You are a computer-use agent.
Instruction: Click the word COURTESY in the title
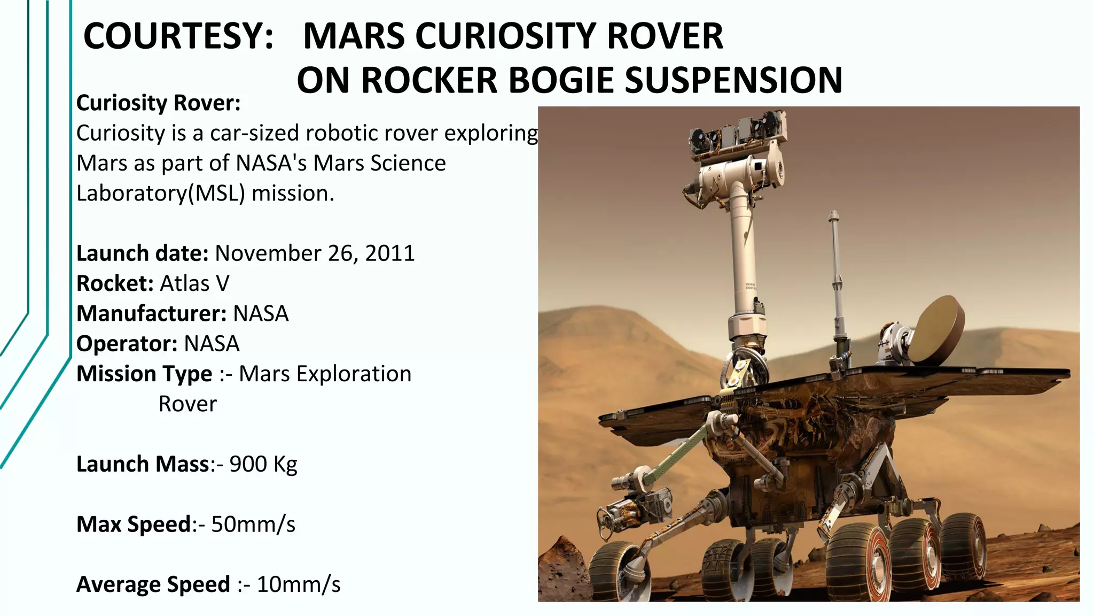click(178, 36)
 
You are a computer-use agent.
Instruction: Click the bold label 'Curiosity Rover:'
click(158, 103)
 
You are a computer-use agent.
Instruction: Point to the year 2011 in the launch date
click(390, 253)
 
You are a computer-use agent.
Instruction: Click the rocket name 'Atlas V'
click(194, 283)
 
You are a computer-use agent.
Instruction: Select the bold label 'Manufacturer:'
click(152, 313)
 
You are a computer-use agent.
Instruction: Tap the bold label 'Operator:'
click(127, 344)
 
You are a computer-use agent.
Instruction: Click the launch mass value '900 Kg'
click(263, 464)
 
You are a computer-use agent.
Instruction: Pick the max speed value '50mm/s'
click(253, 525)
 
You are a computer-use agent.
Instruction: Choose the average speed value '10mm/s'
click(299, 584)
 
